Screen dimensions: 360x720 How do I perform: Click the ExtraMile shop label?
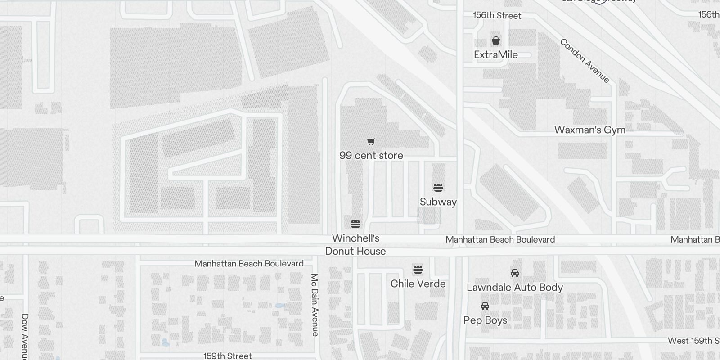click(496, 55)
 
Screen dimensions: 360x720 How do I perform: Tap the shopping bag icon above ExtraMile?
click(496, 41)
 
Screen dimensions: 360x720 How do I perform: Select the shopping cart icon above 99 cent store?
click(371, 142)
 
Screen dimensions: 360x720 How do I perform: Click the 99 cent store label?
click(371, 156)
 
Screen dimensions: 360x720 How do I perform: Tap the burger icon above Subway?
click(438, 188)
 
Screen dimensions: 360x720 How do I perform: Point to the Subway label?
click(438, 202)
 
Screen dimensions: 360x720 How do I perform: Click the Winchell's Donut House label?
click(355, 245)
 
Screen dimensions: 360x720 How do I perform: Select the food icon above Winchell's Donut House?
click(355, 224)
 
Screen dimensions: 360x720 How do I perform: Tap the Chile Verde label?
click(418, 284)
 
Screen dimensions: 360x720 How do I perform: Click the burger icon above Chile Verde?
click(418, 270)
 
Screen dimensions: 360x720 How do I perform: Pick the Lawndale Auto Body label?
click(515, 288)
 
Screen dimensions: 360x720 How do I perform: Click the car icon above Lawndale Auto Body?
click(515, 273)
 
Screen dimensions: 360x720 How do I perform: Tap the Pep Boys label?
click(485, 320)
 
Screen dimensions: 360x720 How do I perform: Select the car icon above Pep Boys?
click(485, 306)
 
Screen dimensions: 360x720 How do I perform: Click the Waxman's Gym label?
click(589, 130)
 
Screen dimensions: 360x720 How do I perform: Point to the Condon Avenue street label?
click(585, 61)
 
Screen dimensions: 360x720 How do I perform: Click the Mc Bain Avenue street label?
click(315, 305)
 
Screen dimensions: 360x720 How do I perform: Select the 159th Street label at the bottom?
click(228, 356)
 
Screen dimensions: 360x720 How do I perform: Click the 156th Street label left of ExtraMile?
click(497, 16)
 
